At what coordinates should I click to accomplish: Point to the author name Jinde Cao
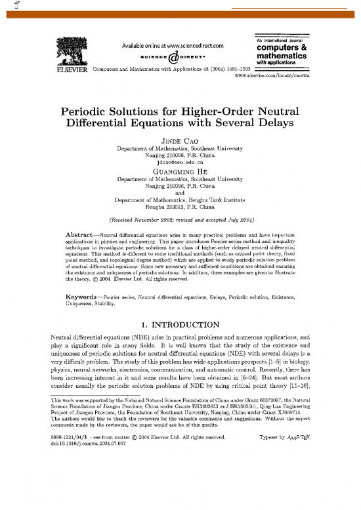tap(179, 132)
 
